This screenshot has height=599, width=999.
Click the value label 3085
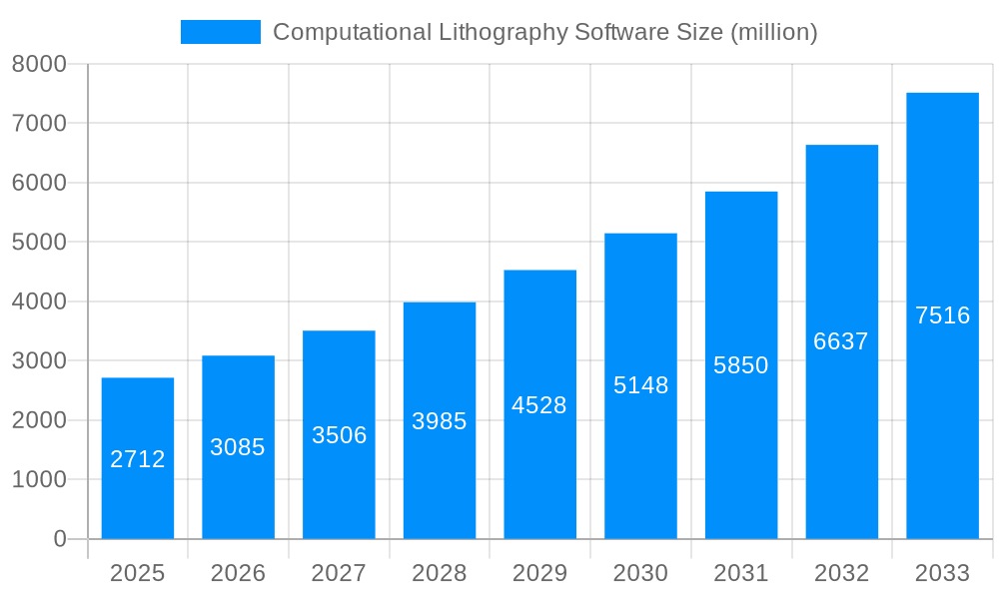coord(238,447)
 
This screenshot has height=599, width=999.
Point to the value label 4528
coord(539,405)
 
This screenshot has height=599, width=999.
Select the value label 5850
coord(741,365)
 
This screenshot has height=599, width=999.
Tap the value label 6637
coord(841,341)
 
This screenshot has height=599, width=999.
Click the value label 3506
coord(339,435)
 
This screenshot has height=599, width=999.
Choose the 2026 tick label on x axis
coord(238,573)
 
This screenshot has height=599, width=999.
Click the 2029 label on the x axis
coord(539,573)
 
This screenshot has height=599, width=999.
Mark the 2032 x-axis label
coord(841,573)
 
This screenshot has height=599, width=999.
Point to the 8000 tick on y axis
coord(39,64)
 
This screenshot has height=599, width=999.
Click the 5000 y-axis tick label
coord(39,243)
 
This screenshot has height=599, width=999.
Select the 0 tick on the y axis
coord(59,539)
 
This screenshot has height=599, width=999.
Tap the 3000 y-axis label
coord(39,361)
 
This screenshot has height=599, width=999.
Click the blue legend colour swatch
coord(220,32)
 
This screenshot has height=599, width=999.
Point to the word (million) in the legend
coord(774,32)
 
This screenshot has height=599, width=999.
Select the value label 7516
coord(942,315)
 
